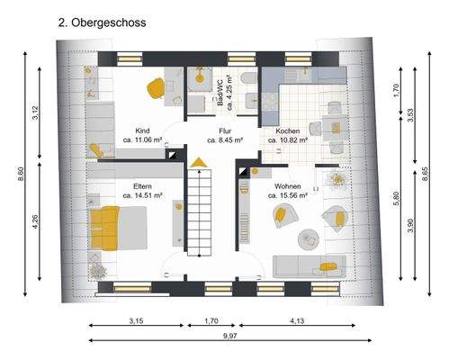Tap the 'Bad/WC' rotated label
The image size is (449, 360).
pyautogui.click(x=219, y=92)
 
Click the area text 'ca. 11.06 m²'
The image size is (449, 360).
pyautogui.click(x=142, y=140)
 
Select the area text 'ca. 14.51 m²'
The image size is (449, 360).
pyautogui.click(x=142, y=194)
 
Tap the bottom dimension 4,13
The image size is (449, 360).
pyautogui.click(x=295, y=319)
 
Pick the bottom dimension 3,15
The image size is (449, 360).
pyautogui.click(x=136, y=319)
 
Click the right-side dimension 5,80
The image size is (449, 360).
pyautogui.click(x=396, y=200)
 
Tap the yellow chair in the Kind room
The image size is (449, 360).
pyautogui.click(x=155, y=86)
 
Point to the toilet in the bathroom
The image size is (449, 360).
pyautogui.click(x=248, y=101)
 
